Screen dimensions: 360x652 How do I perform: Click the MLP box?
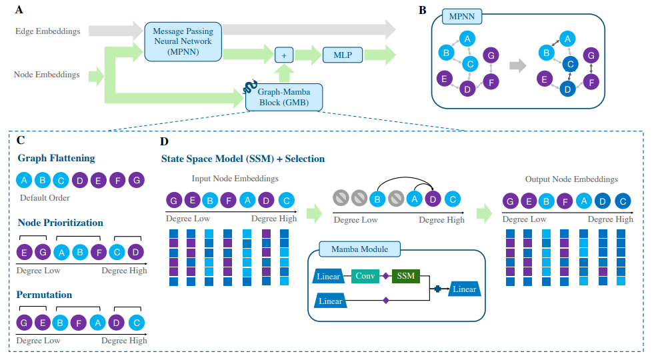[343, 55]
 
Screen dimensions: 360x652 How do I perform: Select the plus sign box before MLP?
[284, 56]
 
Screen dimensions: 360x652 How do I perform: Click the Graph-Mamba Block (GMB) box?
[284, 97]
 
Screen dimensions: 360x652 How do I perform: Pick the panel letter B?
[422, 10]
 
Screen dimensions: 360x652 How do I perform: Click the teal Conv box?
[365, 275]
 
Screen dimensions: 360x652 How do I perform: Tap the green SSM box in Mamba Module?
[405, 275]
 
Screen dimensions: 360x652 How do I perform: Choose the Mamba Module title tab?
[360, 249]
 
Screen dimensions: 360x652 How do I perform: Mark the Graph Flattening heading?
[56, 159]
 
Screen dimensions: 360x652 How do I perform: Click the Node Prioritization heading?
[60, 223]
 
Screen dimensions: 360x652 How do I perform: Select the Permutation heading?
[45, 295]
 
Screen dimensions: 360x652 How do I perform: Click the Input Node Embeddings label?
[235, 179]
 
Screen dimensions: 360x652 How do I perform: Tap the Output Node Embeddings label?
[571, 179]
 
